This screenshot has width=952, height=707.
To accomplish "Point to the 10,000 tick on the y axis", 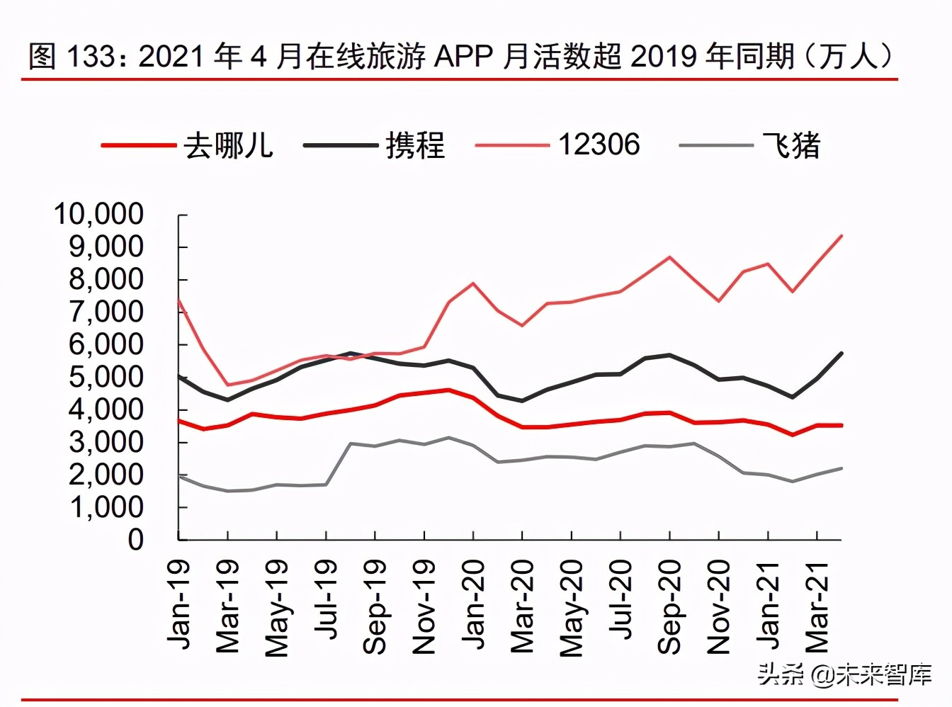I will (x=98, y=214).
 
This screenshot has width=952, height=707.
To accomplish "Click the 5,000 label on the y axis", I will (x=106, y=377).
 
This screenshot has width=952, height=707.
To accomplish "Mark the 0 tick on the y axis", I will (x=135, y=540).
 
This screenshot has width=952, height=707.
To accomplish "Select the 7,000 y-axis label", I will (x=106, y=312).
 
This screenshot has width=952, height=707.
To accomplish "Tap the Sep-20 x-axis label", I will (x=669, y=606).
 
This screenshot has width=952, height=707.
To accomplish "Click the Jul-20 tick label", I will (x=620, y=599).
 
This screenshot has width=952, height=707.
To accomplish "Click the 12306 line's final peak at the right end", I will (x=841, y=235).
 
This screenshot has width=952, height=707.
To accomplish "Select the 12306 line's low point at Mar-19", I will (x=227, y=385).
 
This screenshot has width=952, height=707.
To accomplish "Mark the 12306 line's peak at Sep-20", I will (x=669, y=256).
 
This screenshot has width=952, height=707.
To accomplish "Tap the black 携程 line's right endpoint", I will (x=841, y=353).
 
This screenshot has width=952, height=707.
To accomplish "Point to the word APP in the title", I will (x=463, y=55).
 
